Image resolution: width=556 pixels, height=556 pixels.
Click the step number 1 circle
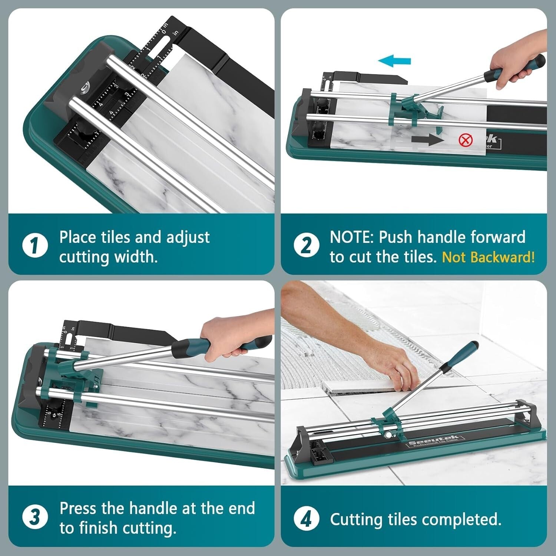click(x=35, y=245)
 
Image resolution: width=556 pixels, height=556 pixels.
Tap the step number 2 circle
click(x=306, y=245)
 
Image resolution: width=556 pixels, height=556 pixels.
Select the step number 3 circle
click(x=35, y=517)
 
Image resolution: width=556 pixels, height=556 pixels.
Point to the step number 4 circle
click(x=306, y=519)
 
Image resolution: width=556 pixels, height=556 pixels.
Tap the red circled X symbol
click(x=466, y=140)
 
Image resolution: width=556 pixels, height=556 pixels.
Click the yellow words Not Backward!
click(x=488, y=257)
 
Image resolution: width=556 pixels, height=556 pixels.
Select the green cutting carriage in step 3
click(x=74, y=374)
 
